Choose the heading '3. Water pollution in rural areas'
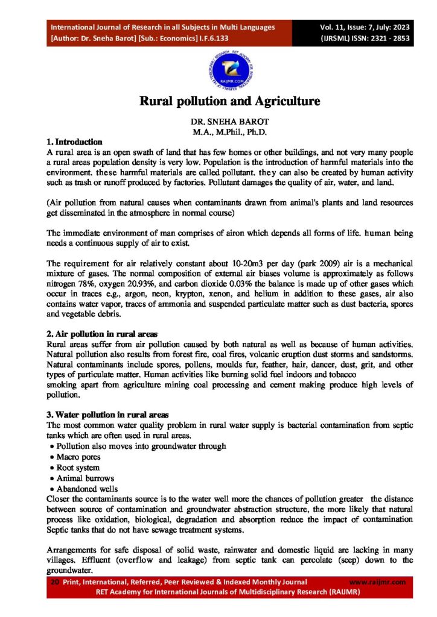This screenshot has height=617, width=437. click(x=108, y=415)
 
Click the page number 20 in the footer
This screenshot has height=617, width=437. click(x=54, y=582)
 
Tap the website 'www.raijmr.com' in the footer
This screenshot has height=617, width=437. click(x=378, y=582)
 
